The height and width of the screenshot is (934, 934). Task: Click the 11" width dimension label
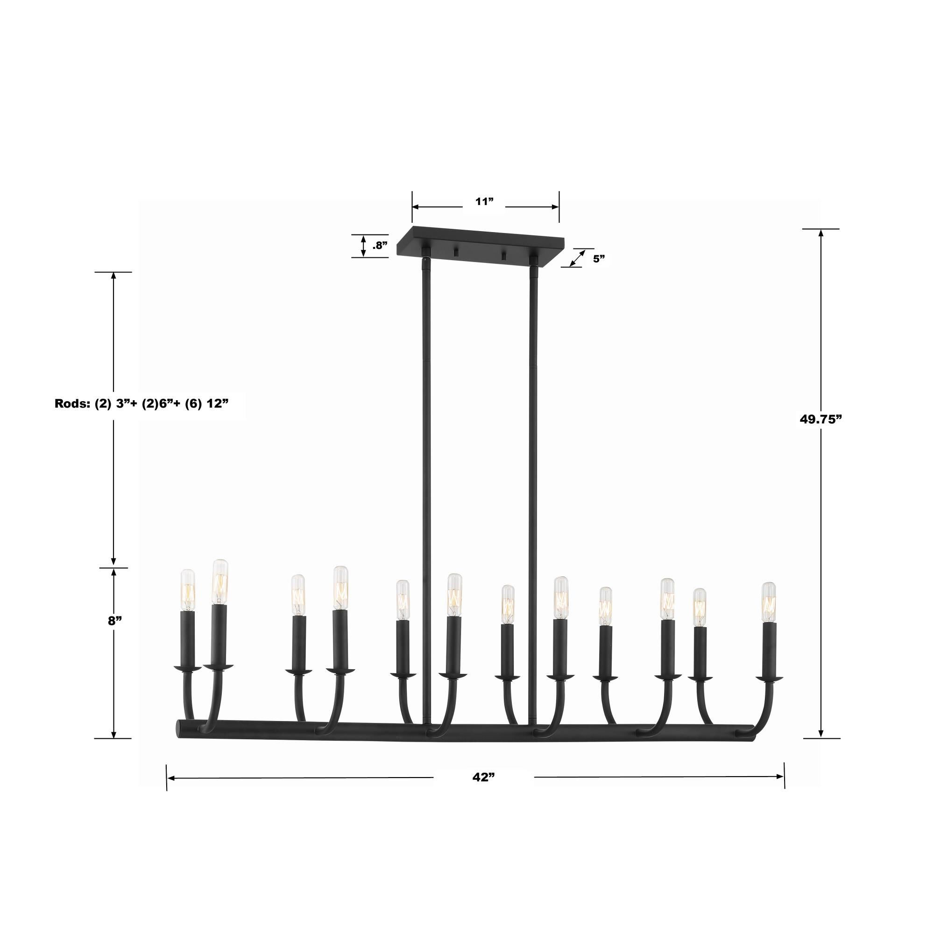[x=483, y=202]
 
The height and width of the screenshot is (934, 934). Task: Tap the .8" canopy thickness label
[x=380, y=246]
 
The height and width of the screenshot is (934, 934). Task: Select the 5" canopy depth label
[x=599, y=259]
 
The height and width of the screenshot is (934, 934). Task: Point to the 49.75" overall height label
[x=821, y=419]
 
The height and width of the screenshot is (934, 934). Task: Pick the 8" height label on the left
[x=113, y=621]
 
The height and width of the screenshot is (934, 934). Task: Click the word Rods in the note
[x=69, y=403]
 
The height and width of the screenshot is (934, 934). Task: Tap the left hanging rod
[x=426, y=483]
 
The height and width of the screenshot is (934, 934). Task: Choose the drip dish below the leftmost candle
[x=187, y=669]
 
